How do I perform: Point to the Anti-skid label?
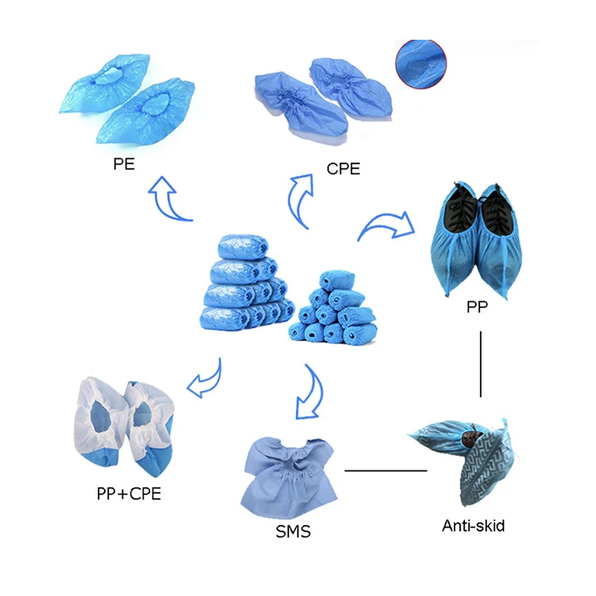(473, 524)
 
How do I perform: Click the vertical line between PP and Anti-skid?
(482, 362)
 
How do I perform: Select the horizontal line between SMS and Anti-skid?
(386, 470)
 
